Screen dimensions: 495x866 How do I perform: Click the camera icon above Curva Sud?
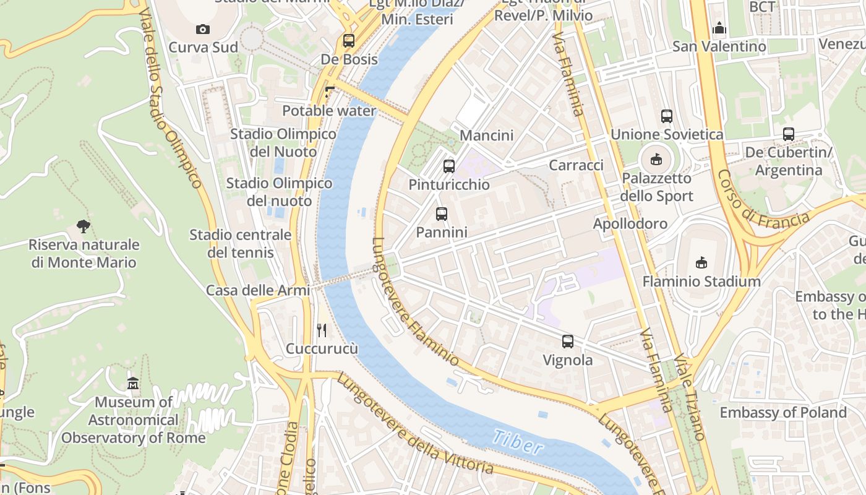[x=202, y=29]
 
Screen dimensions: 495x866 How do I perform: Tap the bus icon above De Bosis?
[x=349, y=41]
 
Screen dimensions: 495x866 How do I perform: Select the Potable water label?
[x=329, y=111]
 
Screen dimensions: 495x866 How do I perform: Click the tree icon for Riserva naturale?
[x=84, y=226]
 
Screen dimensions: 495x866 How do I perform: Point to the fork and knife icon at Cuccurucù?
[x=322, y=330]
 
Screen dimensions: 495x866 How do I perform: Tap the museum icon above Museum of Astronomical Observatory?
[x=133, y=384]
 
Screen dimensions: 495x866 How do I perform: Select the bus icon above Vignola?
[x=567, y=342]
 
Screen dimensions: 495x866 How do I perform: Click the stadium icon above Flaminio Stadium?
[x=701, y=263]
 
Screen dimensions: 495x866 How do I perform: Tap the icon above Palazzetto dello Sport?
[x=656, y=160]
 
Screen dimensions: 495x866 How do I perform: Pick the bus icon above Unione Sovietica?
[x=666, y=116]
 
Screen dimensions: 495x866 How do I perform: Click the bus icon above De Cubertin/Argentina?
[x=788, y=134]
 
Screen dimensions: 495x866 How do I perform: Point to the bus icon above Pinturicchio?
[x=449, y=166]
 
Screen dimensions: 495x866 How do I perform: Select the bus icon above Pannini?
[x=441, y=214]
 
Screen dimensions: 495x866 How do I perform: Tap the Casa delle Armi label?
[x=258, y=290]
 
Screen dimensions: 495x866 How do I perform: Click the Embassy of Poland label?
[x=782, y=412]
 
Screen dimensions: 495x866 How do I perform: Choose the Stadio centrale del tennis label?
[x=240, y=244]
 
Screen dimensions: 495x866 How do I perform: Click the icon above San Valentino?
[x=719, y=28]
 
